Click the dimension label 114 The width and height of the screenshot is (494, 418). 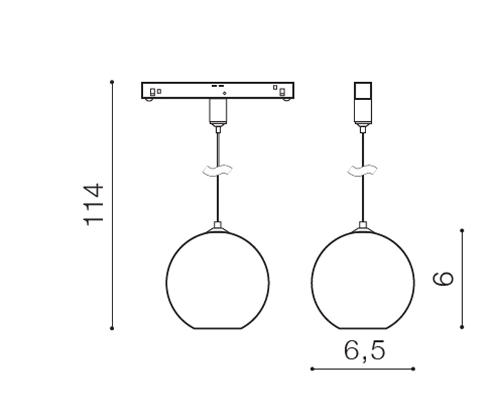pos(94,205)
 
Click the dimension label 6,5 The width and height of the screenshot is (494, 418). pos(364,351)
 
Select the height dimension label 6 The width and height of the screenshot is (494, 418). pos(443,278)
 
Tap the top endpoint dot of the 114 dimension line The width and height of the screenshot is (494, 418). pos(112,82)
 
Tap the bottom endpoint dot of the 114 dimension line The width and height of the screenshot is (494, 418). pos(112,328)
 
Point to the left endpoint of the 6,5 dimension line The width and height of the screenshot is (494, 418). pos(312,369)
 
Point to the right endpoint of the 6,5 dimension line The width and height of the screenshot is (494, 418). pos(413,369)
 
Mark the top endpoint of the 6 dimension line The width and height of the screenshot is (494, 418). pos(462,231)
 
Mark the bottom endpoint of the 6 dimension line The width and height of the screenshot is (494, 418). pos(462,327)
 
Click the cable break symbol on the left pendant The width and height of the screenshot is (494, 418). pos(217,171)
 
